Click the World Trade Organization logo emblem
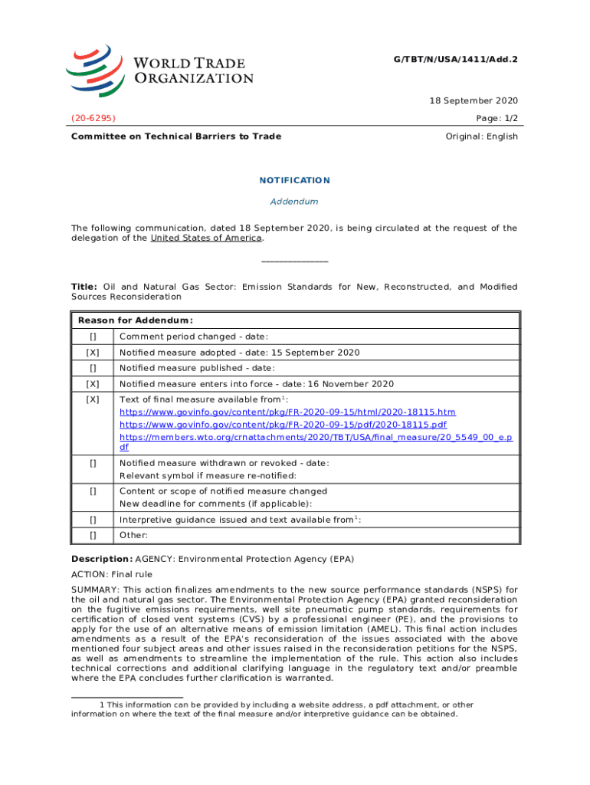tap(95, 69)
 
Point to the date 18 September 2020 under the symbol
tap(472, 100)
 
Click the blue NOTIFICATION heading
tap(294, 181)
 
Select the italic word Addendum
tap(294, 202)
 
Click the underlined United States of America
tap(206, 238)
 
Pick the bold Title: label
tap(84, 287)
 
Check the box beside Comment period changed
tap(93, 337)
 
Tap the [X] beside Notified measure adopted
tap(93, 353)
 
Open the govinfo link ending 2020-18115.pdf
tap(284, 425)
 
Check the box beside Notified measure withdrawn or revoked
tap(93, 463)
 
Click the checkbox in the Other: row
tap(93, 535)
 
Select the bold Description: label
tap(102, 559)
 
